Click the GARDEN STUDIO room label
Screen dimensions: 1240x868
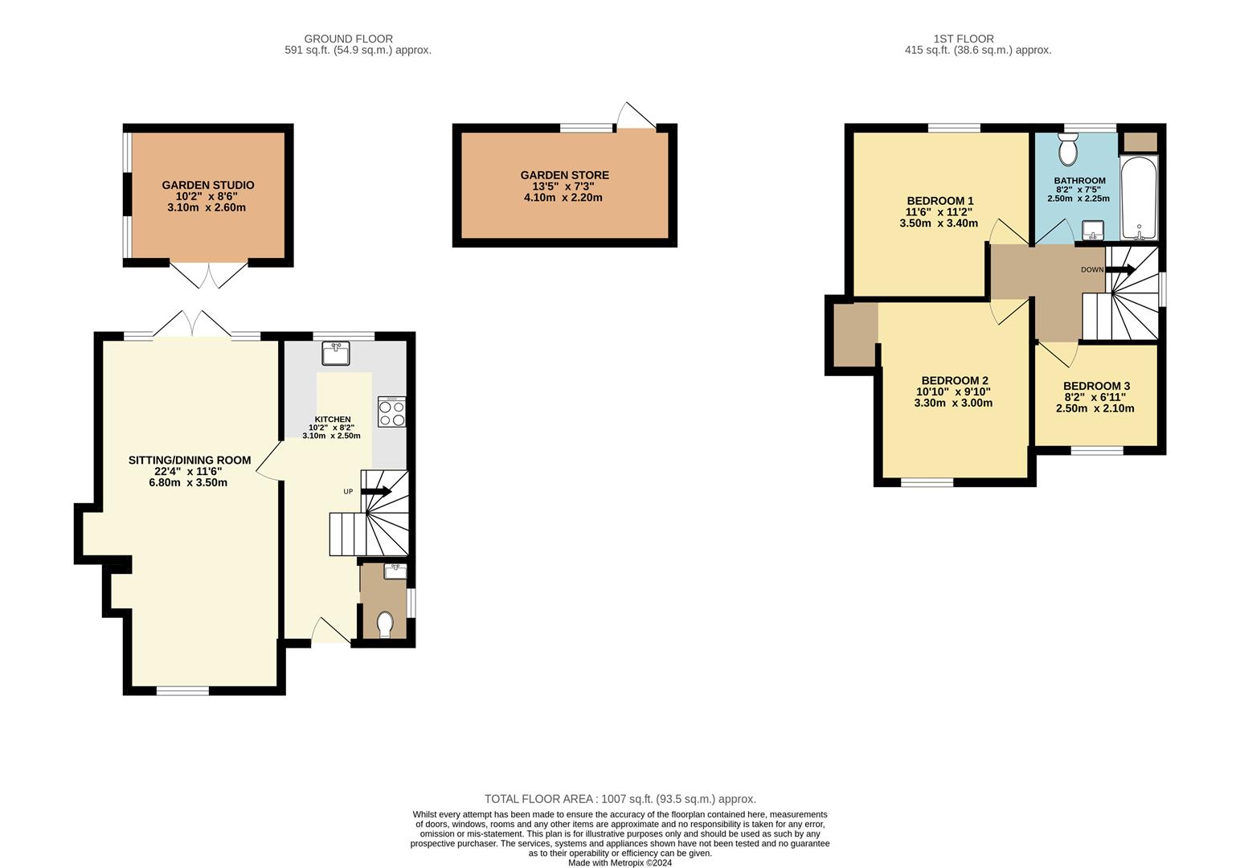(207, 185)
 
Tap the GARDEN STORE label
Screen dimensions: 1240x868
(565, 175)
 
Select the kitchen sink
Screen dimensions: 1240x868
(335, 353)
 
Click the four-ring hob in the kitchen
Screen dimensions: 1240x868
(391, 411)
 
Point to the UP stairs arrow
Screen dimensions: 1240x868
(376, 492)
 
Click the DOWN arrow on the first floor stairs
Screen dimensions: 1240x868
(1120, 269)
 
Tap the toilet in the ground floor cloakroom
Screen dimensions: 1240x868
(385, 625)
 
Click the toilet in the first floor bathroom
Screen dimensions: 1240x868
(1068, 149)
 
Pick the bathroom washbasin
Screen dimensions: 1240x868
(1093, 231)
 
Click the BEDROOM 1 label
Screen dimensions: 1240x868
(940, 201)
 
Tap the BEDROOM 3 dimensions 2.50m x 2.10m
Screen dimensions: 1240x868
(1095, 408)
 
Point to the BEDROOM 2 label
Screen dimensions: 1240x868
(955, 381)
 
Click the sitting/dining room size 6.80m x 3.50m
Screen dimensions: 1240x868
(188, 483)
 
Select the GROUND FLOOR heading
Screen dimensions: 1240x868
(349, 39)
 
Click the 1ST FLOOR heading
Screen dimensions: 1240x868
(964, 39)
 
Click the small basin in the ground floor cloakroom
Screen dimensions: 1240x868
(395, 571)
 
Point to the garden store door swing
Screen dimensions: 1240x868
(636, 116)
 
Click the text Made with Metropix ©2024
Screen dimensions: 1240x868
(620, 863)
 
